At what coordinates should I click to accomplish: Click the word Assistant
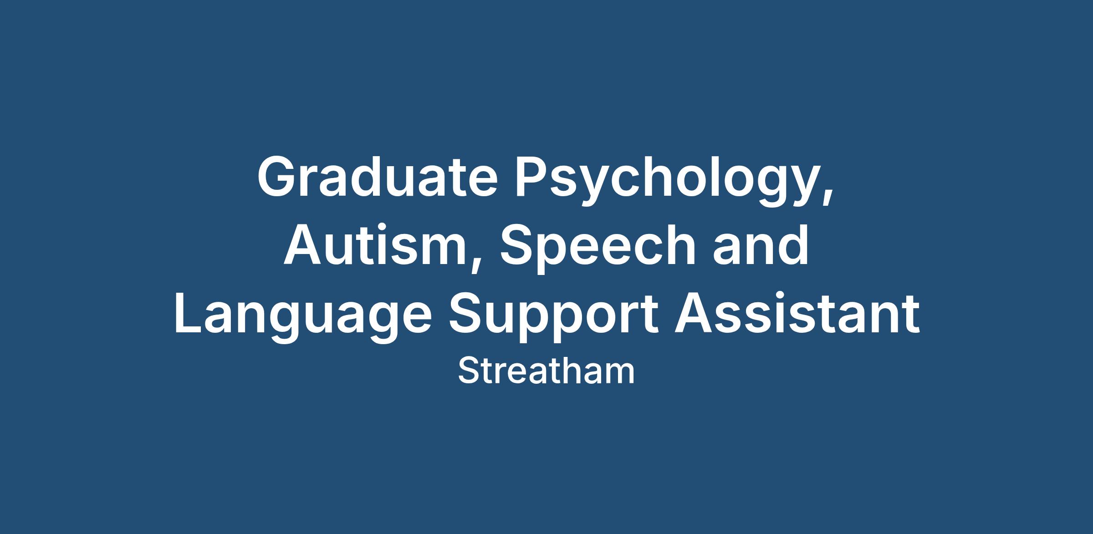click(797, 314)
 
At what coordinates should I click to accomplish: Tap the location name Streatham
click(546, 371)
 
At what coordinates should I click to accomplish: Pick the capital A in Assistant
click(695, 314)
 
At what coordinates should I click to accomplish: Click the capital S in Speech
click(518, 244)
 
